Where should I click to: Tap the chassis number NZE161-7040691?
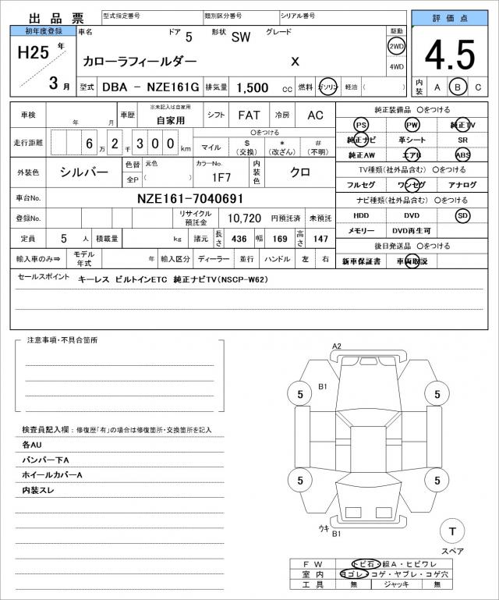(190, 198)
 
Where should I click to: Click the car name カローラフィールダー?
(140, 61)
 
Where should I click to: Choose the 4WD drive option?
(396, 66)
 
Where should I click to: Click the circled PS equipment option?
(361, 125)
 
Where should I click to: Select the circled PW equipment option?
(412, 125)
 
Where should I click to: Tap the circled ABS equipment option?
(463, 154)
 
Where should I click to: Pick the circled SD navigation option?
(463, 215)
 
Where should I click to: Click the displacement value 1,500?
(253, 88)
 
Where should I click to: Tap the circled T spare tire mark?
(451, 531)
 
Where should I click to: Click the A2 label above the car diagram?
(337, 346)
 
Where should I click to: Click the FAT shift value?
(249, 115)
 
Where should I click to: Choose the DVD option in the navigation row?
(412, 215)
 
